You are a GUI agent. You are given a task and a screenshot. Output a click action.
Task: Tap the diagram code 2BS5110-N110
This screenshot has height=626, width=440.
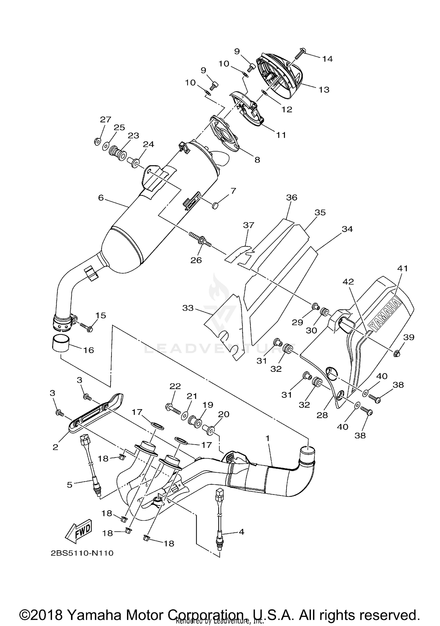(x=82, y=553)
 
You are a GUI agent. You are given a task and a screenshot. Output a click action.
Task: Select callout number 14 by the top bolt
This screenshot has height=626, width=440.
(x=327, y=59)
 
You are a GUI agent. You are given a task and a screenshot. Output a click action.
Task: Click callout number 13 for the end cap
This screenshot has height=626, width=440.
(x=324, y=90)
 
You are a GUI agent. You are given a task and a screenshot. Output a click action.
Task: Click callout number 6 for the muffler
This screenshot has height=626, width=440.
(x=101, y=198)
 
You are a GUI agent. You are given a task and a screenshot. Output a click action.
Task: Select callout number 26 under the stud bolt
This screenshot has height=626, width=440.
(x=196, y=260)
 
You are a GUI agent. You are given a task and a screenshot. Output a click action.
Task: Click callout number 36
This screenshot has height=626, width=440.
(x=292, y=198)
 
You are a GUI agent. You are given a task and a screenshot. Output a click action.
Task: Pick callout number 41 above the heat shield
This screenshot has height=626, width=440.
(x=402, y=268)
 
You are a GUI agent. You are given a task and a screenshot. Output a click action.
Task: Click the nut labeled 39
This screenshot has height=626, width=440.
(x=397, y=354)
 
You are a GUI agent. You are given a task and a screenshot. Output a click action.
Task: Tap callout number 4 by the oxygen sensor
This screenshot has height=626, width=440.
(x=241, y=532)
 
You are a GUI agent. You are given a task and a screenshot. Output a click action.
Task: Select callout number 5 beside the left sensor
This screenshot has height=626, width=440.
(x=70, y=485)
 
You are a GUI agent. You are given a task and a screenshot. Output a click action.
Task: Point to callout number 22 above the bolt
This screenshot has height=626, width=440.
(x=175, y=386)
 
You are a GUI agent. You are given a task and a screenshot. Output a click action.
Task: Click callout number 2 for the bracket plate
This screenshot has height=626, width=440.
(x=55, y=447)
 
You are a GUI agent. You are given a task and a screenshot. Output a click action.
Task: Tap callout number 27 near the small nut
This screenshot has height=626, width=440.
(x=106, y=119)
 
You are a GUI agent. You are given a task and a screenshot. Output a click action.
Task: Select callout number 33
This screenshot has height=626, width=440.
(x=188, y=308)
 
